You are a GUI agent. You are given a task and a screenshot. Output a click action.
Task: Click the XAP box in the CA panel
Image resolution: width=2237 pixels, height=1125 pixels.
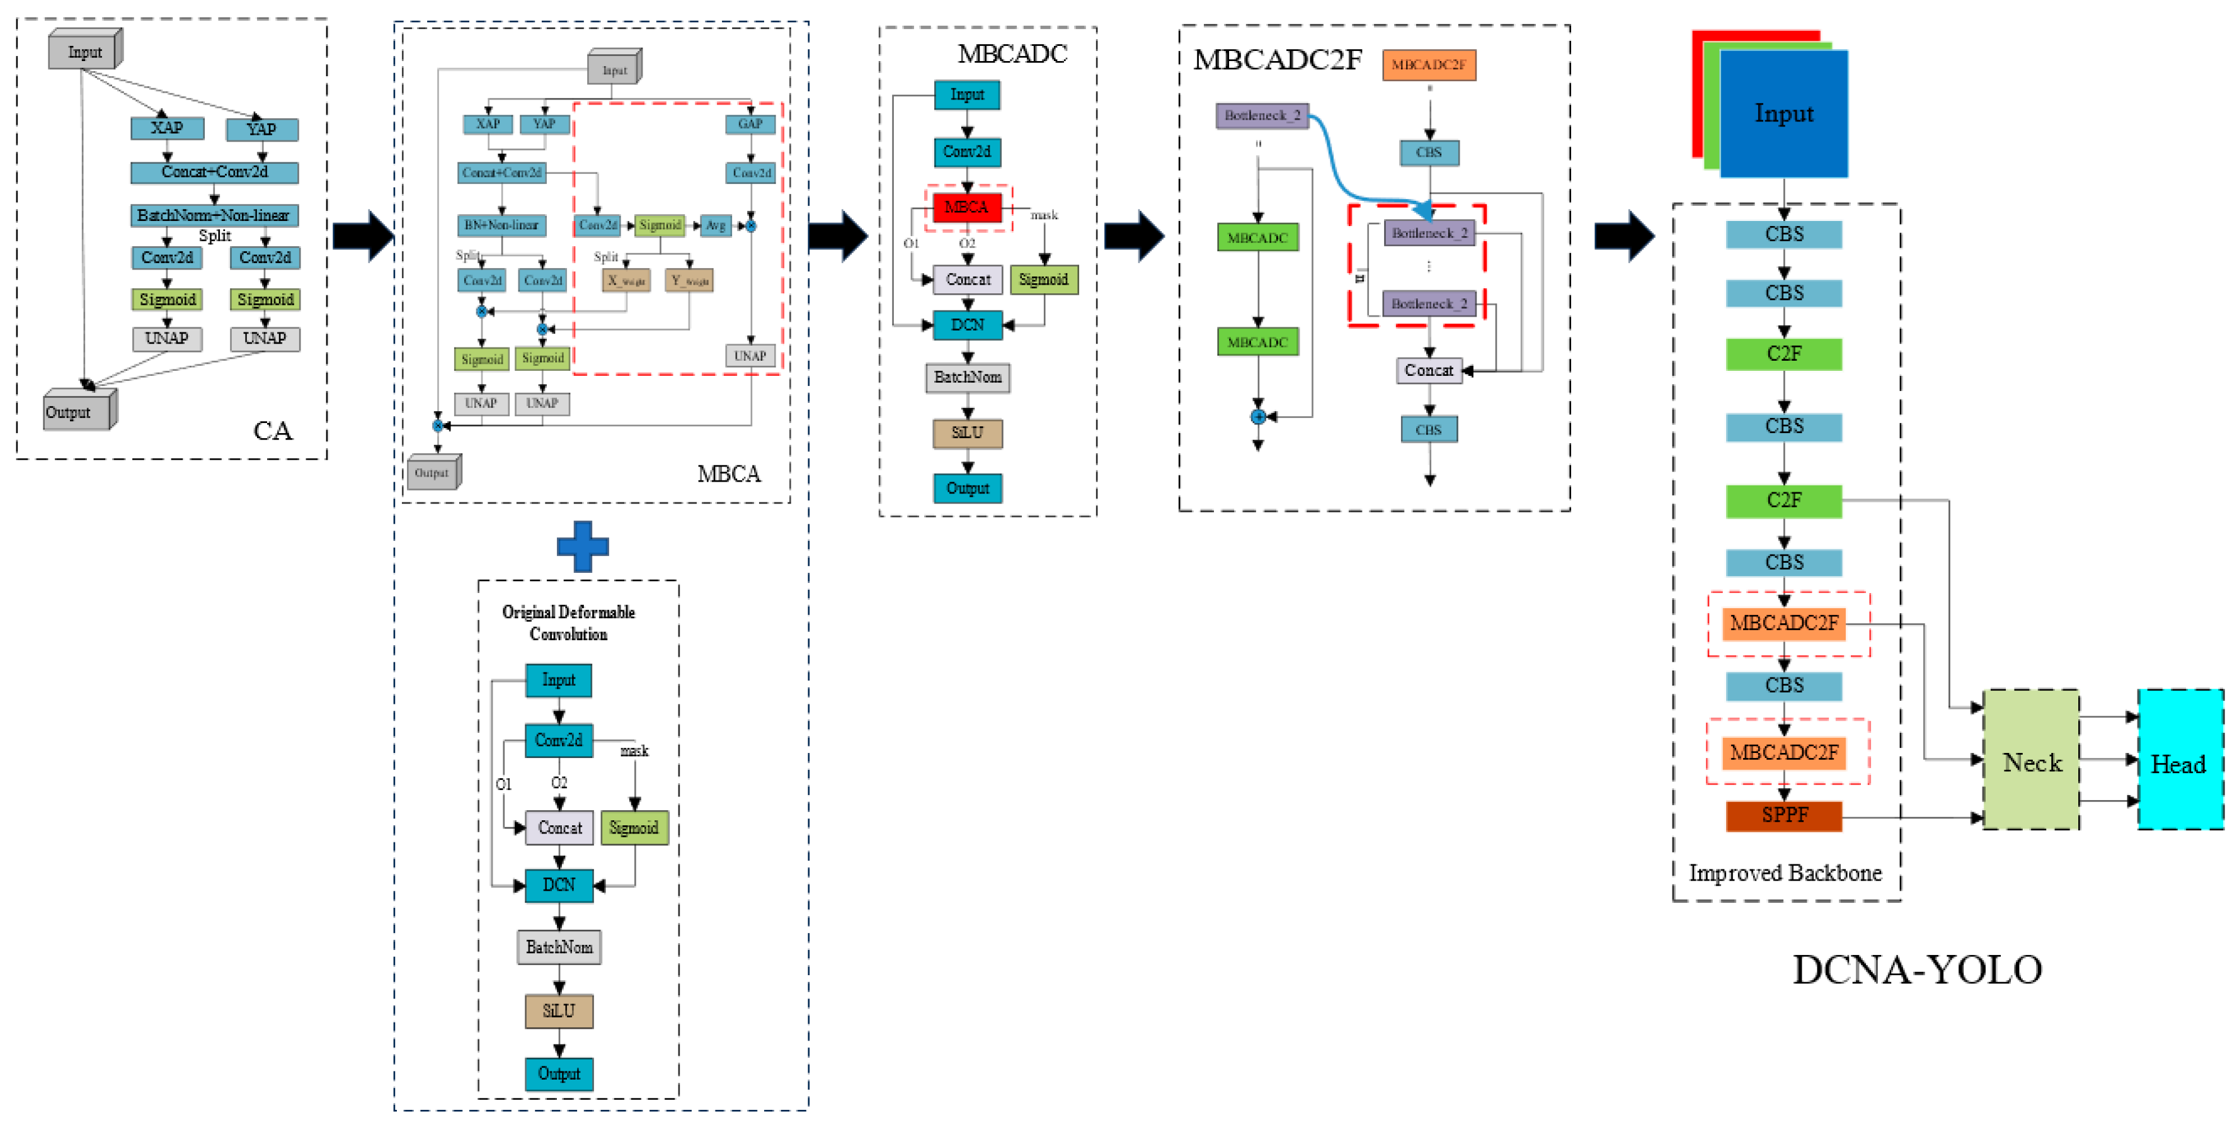[168, 128]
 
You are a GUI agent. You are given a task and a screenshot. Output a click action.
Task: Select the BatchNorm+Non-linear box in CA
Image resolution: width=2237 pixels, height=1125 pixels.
[214, 215]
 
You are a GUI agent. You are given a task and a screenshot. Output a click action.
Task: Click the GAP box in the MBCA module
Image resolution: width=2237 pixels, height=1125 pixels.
[750, 124]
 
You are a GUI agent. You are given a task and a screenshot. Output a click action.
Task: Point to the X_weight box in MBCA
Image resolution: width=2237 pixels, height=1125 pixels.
[626, 280]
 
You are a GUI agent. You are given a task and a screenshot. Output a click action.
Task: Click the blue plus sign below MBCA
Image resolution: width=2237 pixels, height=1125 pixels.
[583, 546]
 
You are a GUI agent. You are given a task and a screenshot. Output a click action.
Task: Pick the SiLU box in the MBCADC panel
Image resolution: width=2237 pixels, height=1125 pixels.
[968, 432]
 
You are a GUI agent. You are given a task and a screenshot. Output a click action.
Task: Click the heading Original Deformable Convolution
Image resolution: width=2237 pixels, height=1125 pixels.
[569, 623]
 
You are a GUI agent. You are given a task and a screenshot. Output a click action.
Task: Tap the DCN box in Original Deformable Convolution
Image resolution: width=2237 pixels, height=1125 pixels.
[559, 885]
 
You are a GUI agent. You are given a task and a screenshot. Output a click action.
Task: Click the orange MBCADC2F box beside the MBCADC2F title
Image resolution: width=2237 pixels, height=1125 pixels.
[1429, 64]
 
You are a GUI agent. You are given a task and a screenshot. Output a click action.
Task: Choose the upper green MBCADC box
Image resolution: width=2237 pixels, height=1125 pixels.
[1257, 237]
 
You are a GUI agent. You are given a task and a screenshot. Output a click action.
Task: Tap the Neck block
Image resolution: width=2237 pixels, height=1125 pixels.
[2030, 761]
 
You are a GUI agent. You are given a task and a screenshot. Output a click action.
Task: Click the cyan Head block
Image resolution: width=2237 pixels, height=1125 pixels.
[2179, 761]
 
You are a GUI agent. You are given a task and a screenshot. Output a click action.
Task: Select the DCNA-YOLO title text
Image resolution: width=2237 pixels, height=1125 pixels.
[1918, 970]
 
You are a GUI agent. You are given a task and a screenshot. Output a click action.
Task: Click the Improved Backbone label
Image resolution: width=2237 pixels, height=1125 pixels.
[1785, 873]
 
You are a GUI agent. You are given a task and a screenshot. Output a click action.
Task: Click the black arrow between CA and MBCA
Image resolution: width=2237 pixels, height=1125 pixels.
[362, 235]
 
